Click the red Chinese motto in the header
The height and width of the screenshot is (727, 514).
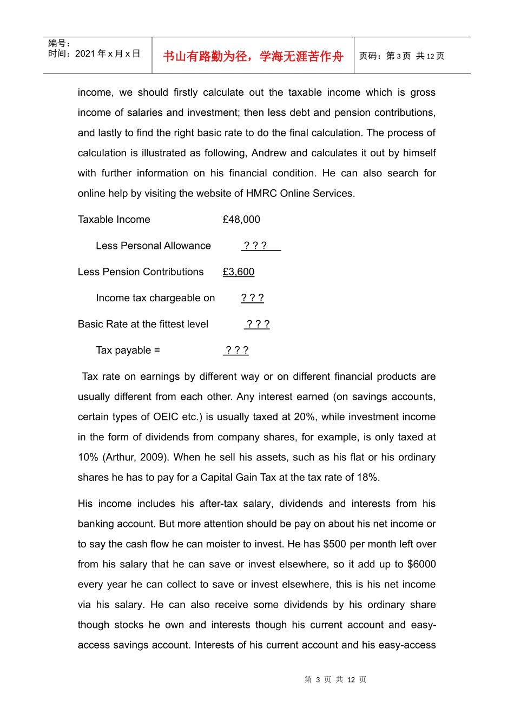[x=253, y=56]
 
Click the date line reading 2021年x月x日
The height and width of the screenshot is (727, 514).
[x=94, y=54]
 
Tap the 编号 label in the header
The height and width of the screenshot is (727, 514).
[x=58, y=43]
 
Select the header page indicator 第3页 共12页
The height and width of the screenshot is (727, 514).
[x=401, y=56]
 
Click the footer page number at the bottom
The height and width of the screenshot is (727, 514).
[x=335, y=679]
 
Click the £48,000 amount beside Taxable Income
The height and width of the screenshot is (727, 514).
[x=241, y=220]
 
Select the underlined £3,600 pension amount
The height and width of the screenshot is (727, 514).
[x=239, y=272]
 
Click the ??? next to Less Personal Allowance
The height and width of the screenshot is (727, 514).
[x=255, y=246]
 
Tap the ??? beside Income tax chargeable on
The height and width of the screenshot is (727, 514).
[x=252, y=298]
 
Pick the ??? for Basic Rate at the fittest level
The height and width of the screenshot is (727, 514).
[x=258, y=324]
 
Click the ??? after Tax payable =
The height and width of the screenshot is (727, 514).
[x=236, y=351]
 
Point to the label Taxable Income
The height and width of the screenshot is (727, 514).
[x=114, y=220]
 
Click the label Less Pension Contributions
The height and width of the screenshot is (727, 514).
[x=141, y=272]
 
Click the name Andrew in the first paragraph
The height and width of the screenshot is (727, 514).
[x=269, y=153]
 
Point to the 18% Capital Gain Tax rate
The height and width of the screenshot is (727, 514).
[x=367, y=478]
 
